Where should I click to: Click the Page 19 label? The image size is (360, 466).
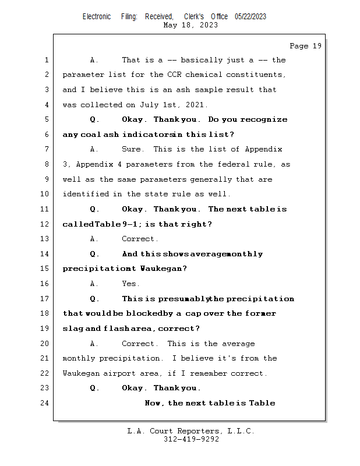[305, 46]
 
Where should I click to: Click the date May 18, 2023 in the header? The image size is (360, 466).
[191, 25]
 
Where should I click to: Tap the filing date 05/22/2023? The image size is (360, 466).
[250, 17]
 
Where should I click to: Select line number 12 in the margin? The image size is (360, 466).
[46, 224]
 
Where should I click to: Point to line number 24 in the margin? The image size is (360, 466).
[46, 403]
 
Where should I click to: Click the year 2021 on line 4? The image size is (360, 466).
[195, 105]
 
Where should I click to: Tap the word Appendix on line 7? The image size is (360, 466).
[263, 150]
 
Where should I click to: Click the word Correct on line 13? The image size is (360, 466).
[140, 239]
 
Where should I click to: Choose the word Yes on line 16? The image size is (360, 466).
[130, 284]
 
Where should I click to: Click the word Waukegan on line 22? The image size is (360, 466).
[80, 373]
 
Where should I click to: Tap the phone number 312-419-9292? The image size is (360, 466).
[191, 439]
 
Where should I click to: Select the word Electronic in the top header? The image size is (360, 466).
[97, 17]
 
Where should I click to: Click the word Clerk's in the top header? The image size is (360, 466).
[194, 17]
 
